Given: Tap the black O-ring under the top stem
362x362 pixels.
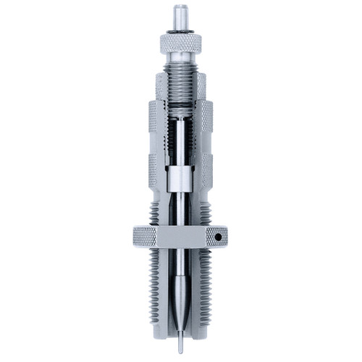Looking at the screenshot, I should point(178,30).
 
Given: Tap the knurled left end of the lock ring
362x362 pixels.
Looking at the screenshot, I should point(143,236).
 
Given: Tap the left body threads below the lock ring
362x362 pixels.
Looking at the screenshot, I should point(159,290).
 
